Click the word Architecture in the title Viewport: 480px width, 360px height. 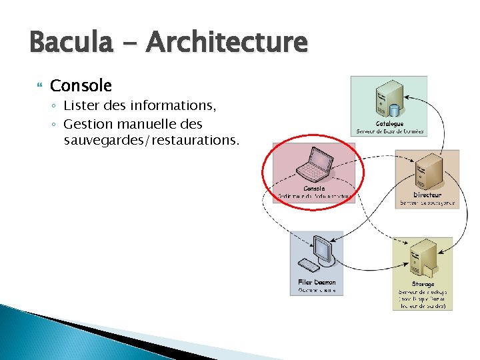tap(227, 43)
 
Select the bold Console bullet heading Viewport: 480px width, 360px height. tap(81, 85)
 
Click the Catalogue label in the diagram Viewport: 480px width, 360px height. tap(389, 123)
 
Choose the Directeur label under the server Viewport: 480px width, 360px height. tap(427, 195)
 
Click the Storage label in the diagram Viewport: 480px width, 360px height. tap(423, 284)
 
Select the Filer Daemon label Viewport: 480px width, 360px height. tap(317, 282)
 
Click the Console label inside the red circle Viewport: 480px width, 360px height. tap(313, 188)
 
